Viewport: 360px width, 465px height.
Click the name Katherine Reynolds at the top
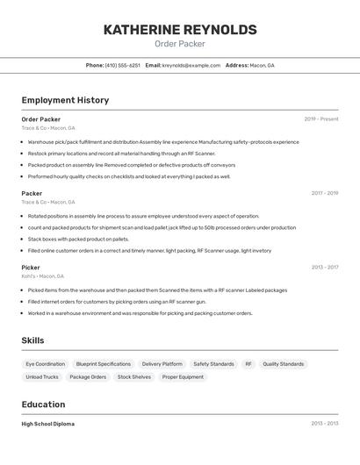click(180, 30)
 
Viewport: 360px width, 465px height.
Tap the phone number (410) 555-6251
click(122, 65)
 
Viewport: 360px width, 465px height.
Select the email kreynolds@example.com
click(191, 65)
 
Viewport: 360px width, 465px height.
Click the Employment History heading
click(65, 100)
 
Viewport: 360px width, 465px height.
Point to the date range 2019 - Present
click(321, 119)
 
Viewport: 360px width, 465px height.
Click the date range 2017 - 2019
click(325, 193)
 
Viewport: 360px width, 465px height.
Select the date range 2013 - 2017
click(325, 268)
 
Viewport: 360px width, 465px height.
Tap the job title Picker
click(31, 268)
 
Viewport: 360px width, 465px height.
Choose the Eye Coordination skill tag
click(45, 364)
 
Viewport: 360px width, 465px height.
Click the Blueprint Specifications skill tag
click(104, 364)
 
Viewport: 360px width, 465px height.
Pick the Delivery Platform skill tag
click(162, 364)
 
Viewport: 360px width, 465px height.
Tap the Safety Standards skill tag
click(213, 364)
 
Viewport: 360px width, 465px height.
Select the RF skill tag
click(248, 364)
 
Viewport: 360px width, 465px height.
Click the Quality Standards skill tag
click(284, 364)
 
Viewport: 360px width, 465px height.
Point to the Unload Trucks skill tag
click(42, 377)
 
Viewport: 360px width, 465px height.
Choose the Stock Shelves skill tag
click(134, 377)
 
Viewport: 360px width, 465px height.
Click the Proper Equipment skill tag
click(183, 377)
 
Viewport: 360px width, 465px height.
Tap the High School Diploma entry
click(48, 424)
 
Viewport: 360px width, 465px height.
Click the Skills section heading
click(33, 340)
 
